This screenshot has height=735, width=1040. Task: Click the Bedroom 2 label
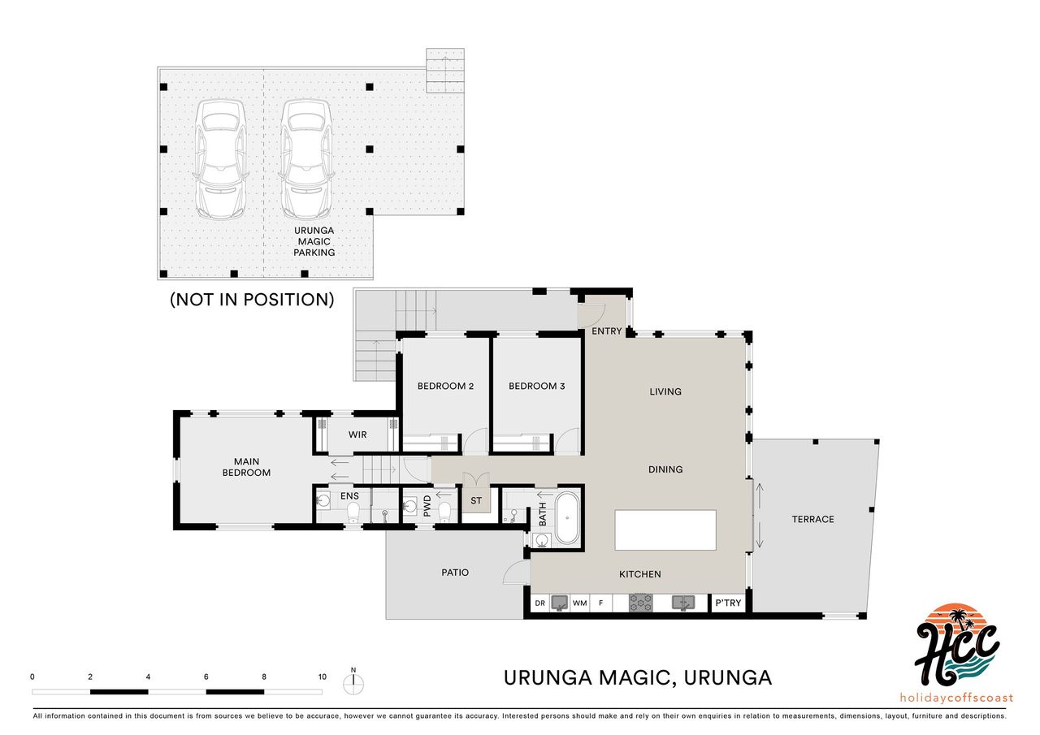pyautogui.click(x=445, y=386)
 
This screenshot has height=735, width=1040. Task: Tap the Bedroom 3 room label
pyautogui.click(x=537, y=386)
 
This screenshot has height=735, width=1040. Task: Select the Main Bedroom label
pyautogui.click(x=246, y=467)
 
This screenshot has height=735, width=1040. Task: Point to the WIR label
pyautogui.click(x=357, y=435)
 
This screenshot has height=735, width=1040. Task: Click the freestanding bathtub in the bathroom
pyautogui.click(x=567, y=517)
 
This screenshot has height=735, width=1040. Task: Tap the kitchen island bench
pyautogui.click(x=665, y=530)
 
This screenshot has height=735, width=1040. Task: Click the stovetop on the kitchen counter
pyautogui.click(x=641, y=603)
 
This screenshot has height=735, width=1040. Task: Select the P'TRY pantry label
pyautogui.click(x=728, y=603)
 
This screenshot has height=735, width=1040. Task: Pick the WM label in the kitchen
pyautogui.click(x=580, y=603)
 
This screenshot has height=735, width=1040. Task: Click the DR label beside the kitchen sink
pyautogui.click(x=540, y=603)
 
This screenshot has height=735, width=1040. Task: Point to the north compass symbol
pyautogui.click(x=353, y=682)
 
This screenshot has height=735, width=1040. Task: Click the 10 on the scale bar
pyautogui.click(x=323, y=677)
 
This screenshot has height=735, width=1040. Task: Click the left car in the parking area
pyautogui.click(x=220, y=158)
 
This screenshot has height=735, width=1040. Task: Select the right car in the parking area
pyautogui.click(x=306, y=158)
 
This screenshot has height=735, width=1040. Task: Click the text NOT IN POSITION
pyautogui.click(x=252, y=300)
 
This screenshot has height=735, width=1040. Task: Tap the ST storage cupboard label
pyautogui.click(x=476, y=500)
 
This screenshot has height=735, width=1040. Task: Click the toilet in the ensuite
pyautogui.click(x=353, y=512)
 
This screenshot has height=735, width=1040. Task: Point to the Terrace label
pyautogui.click(x=813, y=519)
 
